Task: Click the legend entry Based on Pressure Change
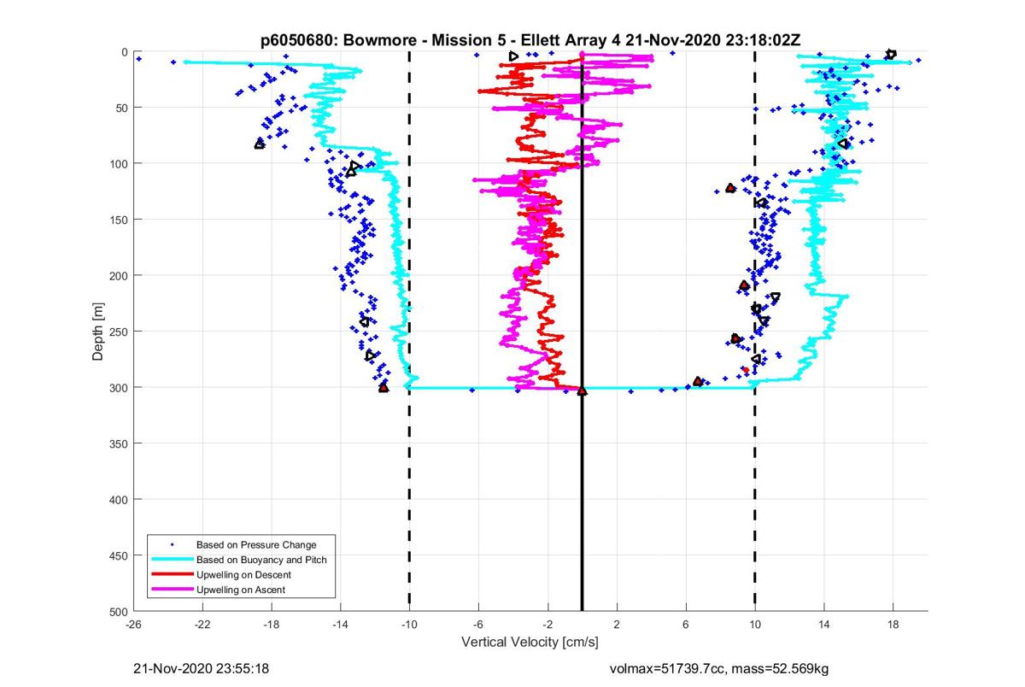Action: [x=255, y=544]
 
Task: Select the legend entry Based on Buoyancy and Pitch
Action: [x=261, y=560]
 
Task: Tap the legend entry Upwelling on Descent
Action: [x=243, y=575]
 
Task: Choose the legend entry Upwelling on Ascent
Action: [x=240, y=590]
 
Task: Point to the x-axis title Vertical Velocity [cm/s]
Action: [x=530, y=642]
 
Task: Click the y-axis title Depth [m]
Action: [x=98, y=332]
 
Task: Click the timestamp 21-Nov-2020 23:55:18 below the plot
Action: [x=202, y=668]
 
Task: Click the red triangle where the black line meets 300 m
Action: [x=583, y=390]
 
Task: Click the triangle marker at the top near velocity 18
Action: [x=891, y=54]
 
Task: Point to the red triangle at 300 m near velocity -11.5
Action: [x=384, y=388]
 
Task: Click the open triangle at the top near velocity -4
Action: [x=513, y=56]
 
